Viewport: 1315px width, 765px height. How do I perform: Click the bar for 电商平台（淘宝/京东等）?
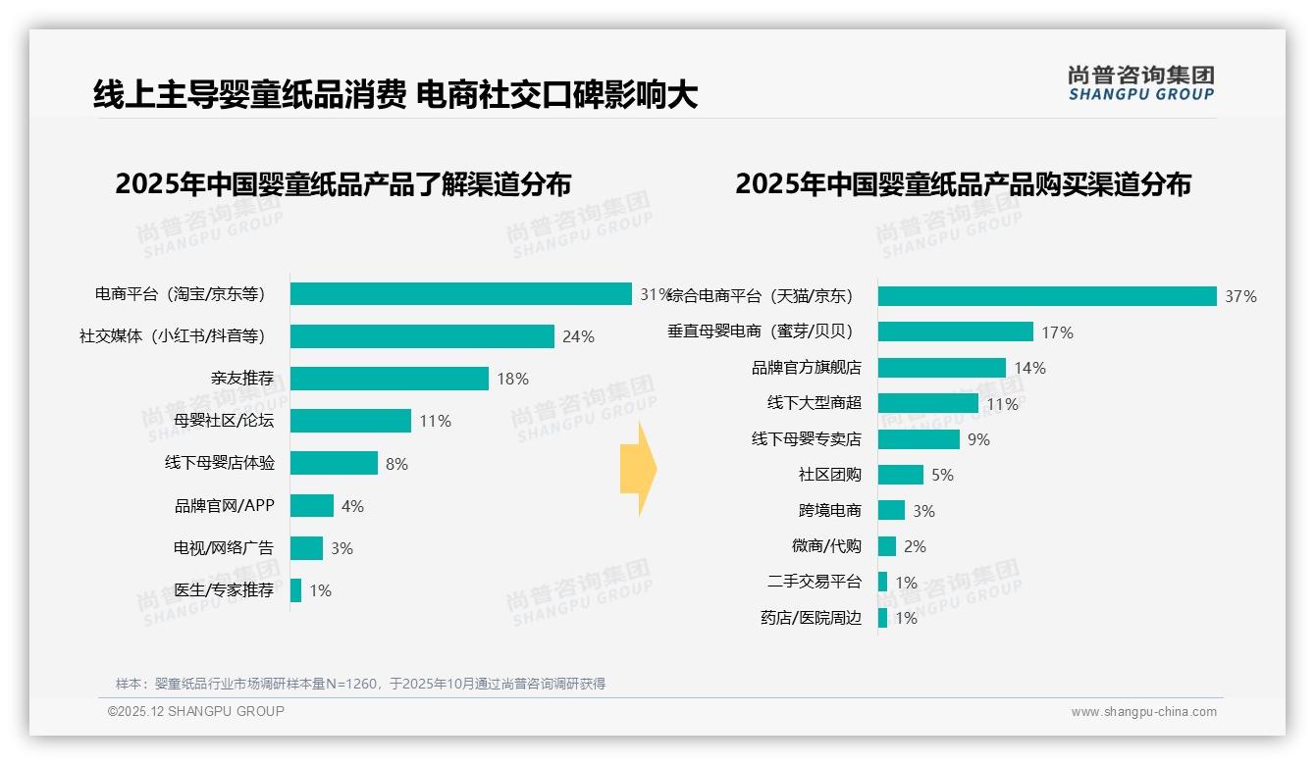tap(460, 294)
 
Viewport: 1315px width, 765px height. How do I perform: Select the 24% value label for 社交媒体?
tap(578, 336)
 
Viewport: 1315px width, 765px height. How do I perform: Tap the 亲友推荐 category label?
tap(242, 379)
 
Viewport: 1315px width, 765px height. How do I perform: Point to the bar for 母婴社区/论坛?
tap(350, 421)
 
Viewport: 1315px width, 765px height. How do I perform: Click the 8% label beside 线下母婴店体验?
tap(396, 464)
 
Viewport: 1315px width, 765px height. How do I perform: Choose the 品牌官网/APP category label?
tap(225, 506)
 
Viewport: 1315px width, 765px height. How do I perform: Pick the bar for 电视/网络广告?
tap(306, 548)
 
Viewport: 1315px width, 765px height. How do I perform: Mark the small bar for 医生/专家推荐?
tap(295, 590)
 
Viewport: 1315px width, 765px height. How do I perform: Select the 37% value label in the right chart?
tap(1240, 296)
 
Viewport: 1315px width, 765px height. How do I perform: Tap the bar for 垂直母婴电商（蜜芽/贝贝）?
tap(956, 331)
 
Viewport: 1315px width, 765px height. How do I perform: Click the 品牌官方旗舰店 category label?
tap(807, 368)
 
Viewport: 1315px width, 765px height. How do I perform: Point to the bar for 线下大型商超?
tap(927, 403)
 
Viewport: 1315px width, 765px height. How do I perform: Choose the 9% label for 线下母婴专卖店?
tap(978, 439)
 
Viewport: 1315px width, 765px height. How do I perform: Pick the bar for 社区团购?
tap(901, 475)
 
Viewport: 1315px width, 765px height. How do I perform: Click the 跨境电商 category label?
tap(830, 511)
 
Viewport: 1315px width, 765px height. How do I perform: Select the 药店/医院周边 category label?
tap(811, 618)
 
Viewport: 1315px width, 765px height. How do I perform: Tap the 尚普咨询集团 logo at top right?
tap(1140, 83)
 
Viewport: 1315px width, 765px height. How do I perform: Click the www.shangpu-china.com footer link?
tap(1143, 712)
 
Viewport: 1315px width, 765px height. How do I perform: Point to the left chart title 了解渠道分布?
tap(342, 184)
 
